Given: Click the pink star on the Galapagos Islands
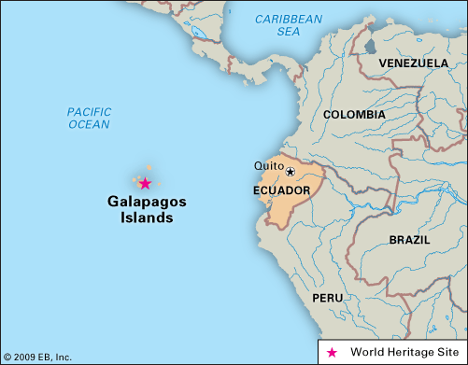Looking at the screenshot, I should click(x=145, y=183).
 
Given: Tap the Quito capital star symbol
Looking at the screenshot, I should click(x=290, y=172).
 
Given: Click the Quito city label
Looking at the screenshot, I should click(x=268, y=166).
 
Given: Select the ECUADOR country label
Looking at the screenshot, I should click(x=281, y=190).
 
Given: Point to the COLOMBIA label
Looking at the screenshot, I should click(x=353, y=114).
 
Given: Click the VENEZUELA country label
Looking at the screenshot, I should click(x=414, y=63).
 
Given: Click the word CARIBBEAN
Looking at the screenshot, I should click(x=289, y=19).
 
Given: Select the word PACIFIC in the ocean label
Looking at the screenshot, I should click(x=89, y=111).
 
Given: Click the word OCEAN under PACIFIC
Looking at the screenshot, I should click(x=89, y=124).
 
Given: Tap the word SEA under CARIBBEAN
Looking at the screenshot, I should click(x=288, y=31).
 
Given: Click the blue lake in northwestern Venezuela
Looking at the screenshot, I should click(x=370, y=45).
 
